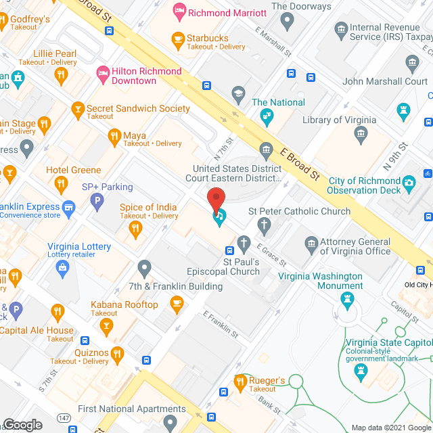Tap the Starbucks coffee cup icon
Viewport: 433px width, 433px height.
tap(179, 39)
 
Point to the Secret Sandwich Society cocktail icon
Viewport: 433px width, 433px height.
tap(78, 108)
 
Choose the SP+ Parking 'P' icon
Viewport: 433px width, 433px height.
tap(97, 200)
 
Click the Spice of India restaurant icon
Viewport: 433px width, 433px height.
tap(135, 229)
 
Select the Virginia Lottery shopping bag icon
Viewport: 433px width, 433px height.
tap(63, 269)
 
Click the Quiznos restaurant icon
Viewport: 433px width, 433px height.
tap(117, 352)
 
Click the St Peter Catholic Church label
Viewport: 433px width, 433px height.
tap(299, 211)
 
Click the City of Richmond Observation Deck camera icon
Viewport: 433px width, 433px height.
tap(409, 182)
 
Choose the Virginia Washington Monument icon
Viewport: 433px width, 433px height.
tap(348, 298)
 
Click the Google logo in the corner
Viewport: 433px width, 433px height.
tap(22, 424)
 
